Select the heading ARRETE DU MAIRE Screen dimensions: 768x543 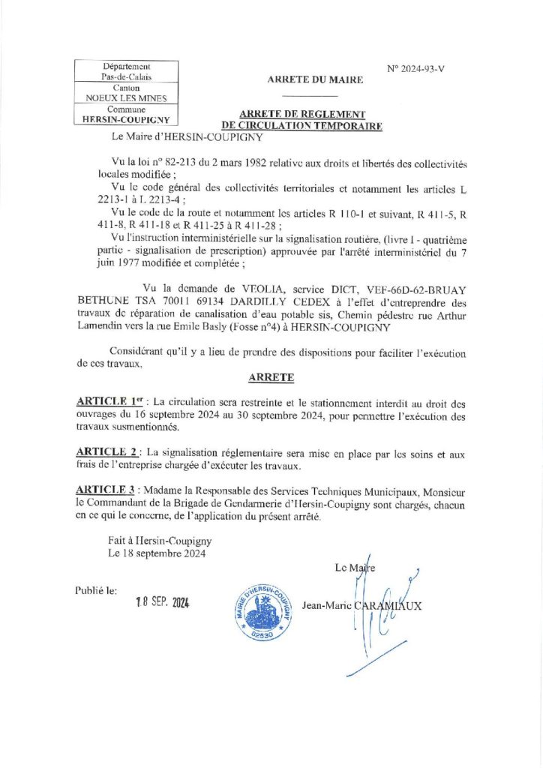pyautogui.click(x=315, y=79)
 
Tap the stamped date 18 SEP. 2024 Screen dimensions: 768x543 pyautogui.click(x=163, y=602)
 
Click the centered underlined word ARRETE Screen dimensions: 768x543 pyautogui.click(x=271, y=377)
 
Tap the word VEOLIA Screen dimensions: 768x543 pyautogui.click(x=243, y=287)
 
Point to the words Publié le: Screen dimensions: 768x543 pyautogui.click(x=96, y=590)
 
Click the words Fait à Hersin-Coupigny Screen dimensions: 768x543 pyautogui.click(x=159, y=541)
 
